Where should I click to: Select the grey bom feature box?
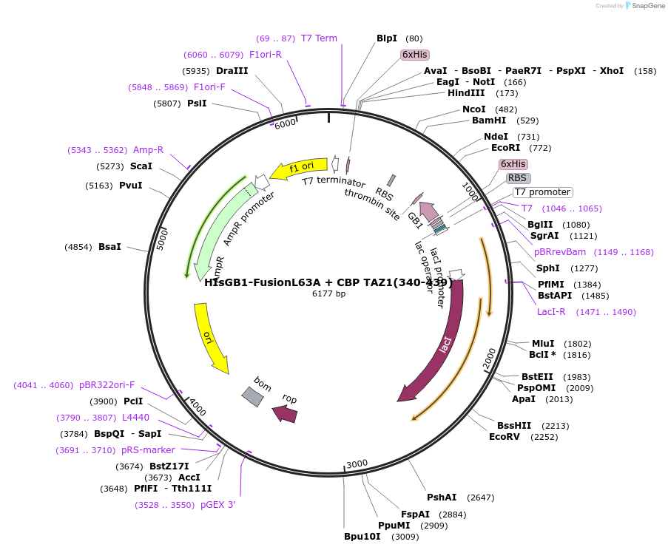[x=252, y=396]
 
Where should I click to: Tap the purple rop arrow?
[x=286, y=414]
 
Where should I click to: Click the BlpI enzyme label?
[x=387, y=38]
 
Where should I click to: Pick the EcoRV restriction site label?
[x=505, y=436]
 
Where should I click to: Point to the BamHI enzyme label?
[x=489, y=120]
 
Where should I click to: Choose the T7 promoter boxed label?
[x=542, y=192]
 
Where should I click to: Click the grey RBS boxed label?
[x=518, y=178]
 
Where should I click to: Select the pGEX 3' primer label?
[x=218, y=505]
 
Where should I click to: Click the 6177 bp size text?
[x=329, y=293]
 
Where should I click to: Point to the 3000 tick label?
[x=357, y=464]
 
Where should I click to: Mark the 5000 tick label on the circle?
[x=162, y=240]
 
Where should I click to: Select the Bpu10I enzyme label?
[x=362, y=537]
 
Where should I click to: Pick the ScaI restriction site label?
[x=141, y=166]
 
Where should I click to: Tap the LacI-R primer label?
[x=551, y=312]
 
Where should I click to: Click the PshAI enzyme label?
[x=442, y=498]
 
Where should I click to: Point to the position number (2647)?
[x=481, y=498]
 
